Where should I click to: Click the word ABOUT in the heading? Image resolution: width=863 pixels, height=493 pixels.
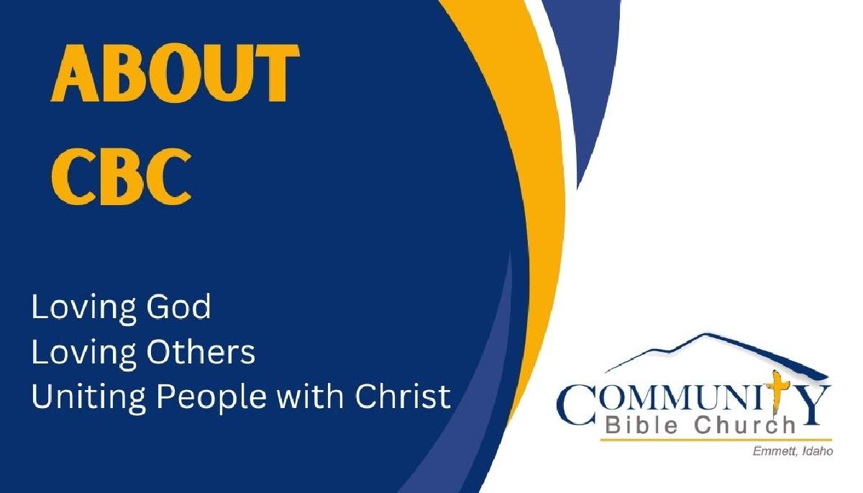(x=175, y=73)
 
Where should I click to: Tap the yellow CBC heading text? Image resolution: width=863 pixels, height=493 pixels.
(x=122, y=176)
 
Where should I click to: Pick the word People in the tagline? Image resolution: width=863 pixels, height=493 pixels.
(x=211, y=398)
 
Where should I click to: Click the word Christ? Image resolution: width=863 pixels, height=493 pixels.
(x=403, y=397)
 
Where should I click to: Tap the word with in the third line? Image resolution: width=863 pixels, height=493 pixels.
(x=311, y=397)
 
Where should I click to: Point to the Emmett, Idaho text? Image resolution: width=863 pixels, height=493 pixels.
(x=793, y=451)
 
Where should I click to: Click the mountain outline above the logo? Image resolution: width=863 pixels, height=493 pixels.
(x=716, y=353)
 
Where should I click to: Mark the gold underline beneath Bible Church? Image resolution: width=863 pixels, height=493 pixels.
(x=716, y=440)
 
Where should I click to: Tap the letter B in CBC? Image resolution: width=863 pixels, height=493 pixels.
(x=122, y=176)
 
